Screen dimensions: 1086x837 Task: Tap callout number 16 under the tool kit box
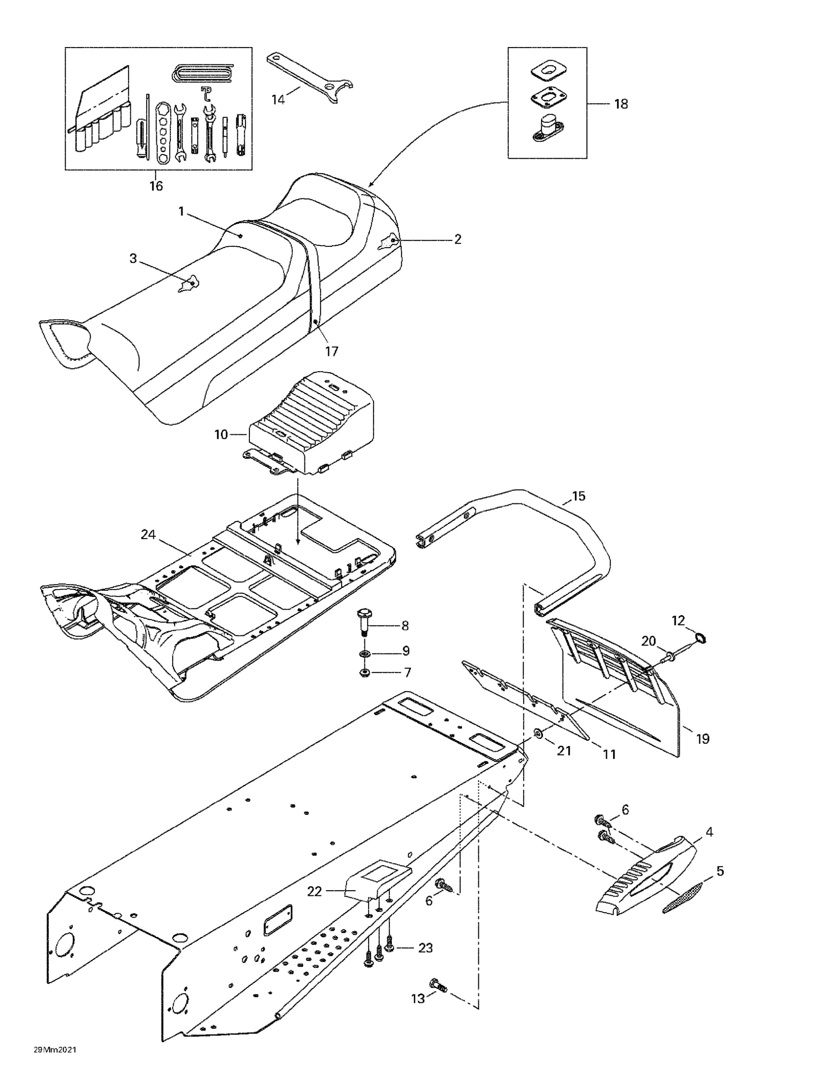pos(156,186)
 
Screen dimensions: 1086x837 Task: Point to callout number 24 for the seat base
pos(148,535)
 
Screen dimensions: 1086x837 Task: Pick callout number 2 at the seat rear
pos(457,239)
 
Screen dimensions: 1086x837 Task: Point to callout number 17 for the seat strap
pos(331,351)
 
